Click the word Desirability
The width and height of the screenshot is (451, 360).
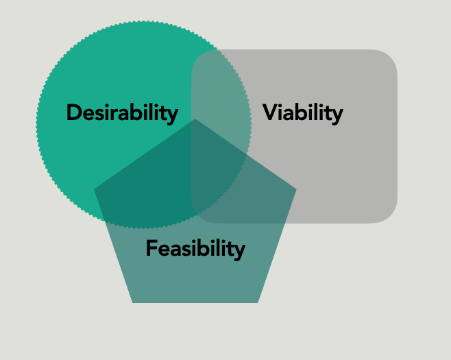[x=122, y=112]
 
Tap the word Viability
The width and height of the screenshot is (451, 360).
[x=302, y=112]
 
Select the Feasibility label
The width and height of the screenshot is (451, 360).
[x=195, y=248]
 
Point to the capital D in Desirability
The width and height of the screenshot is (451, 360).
[x=74, y=112]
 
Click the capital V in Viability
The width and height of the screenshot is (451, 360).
[x=270, y=112]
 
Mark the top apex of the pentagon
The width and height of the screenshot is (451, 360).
[x=195, y=120]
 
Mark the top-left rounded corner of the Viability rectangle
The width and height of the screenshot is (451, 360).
[x=199, y=58]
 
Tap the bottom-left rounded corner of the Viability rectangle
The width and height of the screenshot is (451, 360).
[x=199, y=215]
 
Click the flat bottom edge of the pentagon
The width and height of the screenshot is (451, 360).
[x=195, y=302]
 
